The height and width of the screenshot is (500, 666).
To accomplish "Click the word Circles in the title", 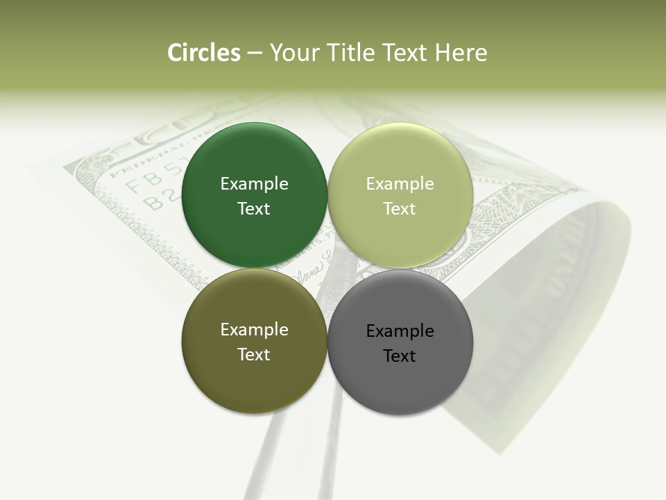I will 203,53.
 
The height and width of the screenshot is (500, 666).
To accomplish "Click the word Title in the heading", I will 349,53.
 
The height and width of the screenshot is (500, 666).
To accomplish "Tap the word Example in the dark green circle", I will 254,183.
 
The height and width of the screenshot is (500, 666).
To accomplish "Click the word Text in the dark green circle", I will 254,208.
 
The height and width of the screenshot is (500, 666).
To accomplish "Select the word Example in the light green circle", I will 400,183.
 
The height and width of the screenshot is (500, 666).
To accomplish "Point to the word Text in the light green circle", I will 400,208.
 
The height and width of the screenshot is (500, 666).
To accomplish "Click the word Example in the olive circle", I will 254,329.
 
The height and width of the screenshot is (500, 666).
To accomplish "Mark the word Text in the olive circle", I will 254,354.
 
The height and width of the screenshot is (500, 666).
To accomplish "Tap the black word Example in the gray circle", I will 400,331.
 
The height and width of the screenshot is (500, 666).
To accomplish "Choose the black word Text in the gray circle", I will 400,356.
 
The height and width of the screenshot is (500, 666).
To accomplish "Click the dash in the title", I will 255,53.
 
